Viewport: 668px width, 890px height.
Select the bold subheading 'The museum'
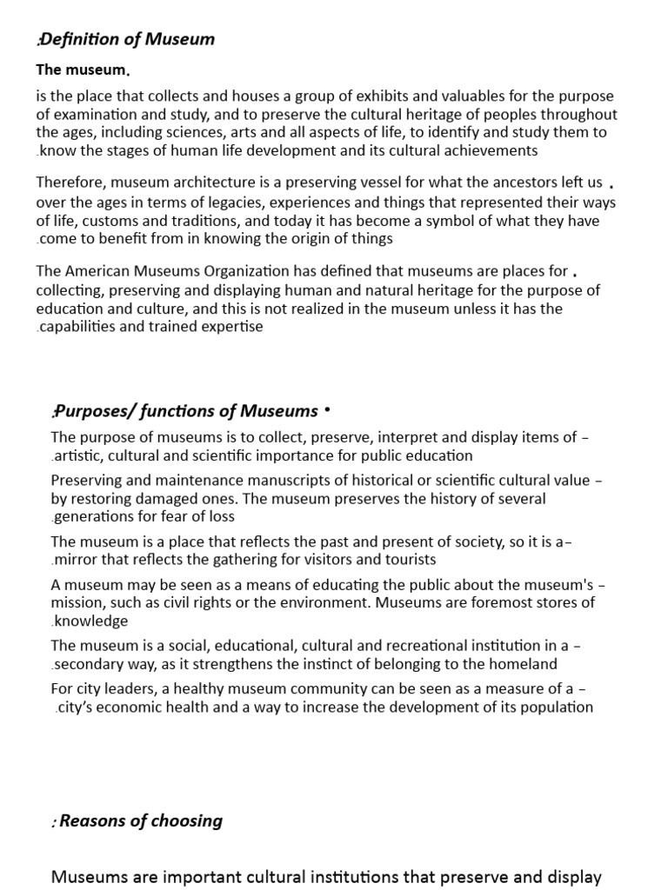click(x=82, y=70)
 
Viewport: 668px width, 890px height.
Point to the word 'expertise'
click(x=233, y=327)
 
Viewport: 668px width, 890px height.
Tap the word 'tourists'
click(x=410, y=560)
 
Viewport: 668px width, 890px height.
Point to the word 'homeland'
click(x=522, y=664)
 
